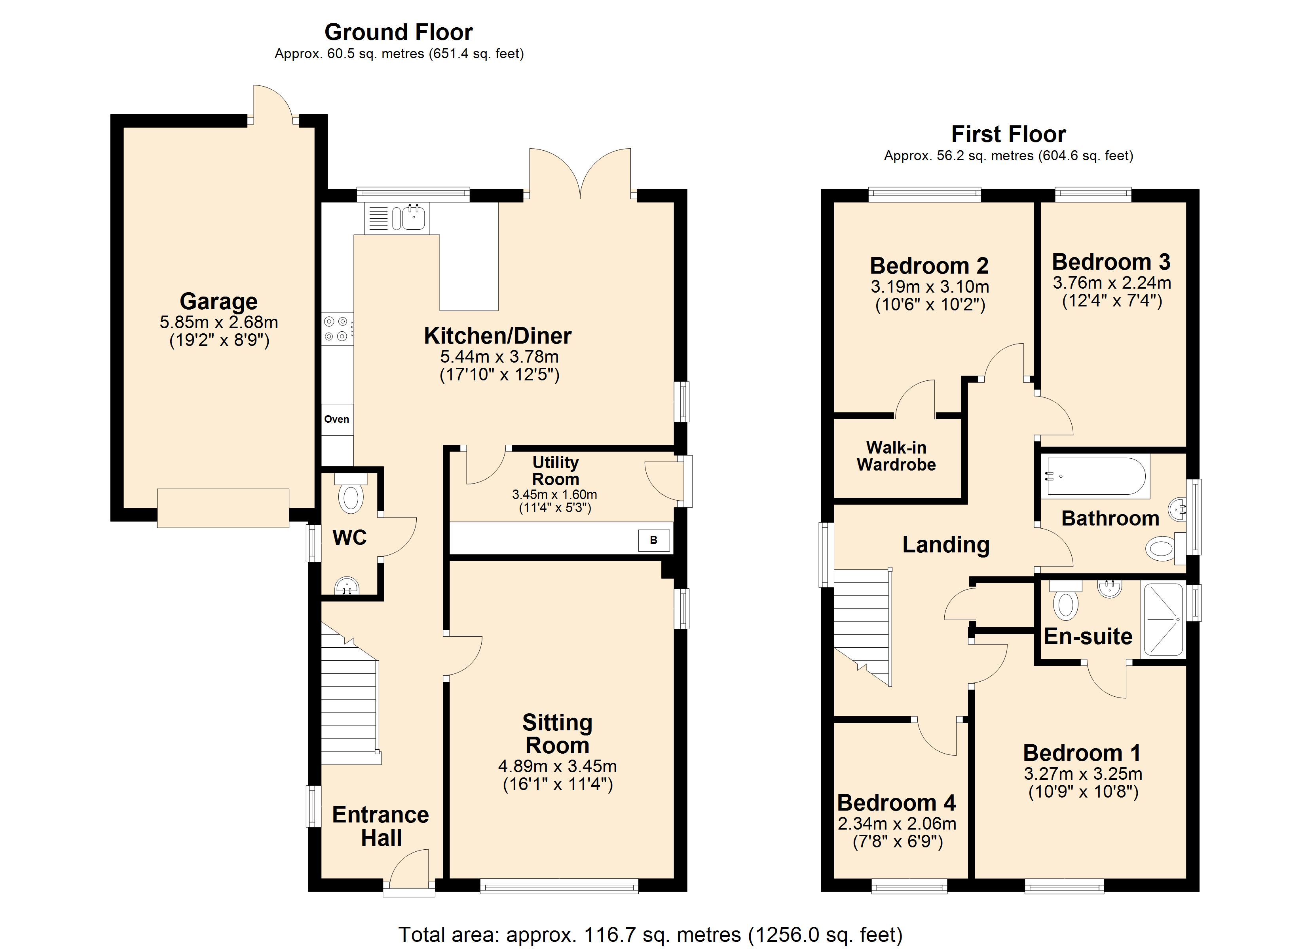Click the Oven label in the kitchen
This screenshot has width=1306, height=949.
[337, 419]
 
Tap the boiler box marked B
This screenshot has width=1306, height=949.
[653, 540]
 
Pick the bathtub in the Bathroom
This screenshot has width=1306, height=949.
[1095, 476]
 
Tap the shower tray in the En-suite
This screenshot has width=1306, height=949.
[1164, 619]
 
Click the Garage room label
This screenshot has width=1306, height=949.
[219, 301]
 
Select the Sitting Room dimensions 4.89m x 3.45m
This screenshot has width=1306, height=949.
[557, 766]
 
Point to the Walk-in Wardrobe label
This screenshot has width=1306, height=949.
[896, 456]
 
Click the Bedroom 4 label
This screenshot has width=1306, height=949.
[896, 802]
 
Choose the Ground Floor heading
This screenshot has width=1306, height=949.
[399, 32]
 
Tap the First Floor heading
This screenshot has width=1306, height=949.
[1008, 134]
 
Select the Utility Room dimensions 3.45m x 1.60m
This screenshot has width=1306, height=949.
[554, 494]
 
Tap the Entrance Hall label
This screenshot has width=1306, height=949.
[381, 826]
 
